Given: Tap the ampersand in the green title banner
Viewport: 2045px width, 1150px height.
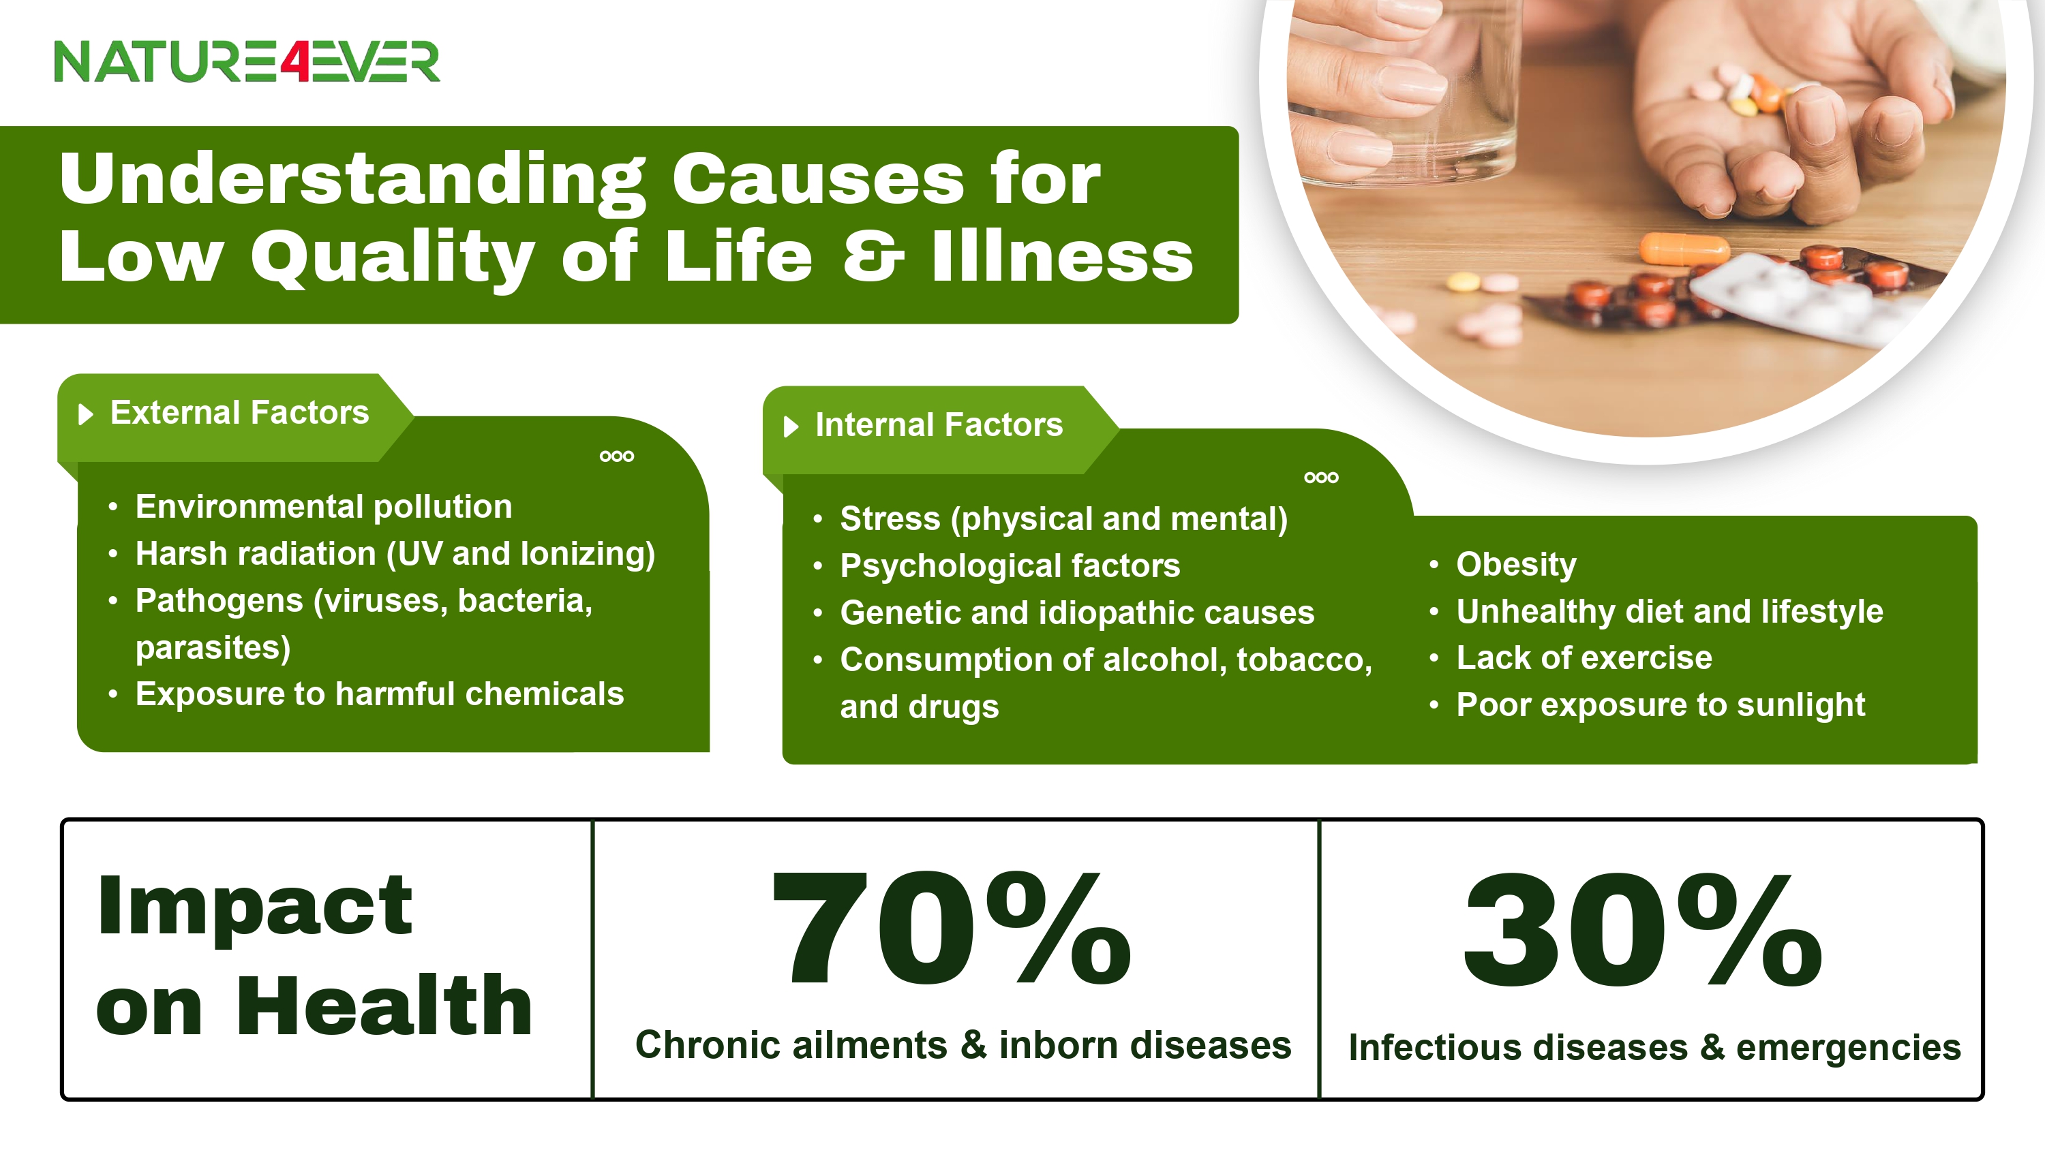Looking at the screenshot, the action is click(x=873, y=256).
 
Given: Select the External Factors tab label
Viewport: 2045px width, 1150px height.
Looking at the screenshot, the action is click(x=240, y=413).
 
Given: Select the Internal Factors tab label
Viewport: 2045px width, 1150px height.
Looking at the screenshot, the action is click(x=939, y=424).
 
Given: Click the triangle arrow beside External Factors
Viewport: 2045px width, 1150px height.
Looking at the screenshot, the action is click(x=86, y=414).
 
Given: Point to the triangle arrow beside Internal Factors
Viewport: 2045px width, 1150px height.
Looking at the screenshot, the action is click(x=791, y=427).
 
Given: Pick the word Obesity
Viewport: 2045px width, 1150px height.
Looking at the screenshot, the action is click(x=1516, y=564).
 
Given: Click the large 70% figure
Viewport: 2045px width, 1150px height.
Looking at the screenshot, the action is click(x=952, y=928).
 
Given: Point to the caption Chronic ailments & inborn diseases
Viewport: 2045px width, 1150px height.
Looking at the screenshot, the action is click(x=963, y=1045).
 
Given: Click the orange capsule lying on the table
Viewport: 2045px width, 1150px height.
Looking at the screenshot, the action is click(x=1684, y=249).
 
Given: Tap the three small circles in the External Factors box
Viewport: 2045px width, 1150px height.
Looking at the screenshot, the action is click(x=617, y=456).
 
